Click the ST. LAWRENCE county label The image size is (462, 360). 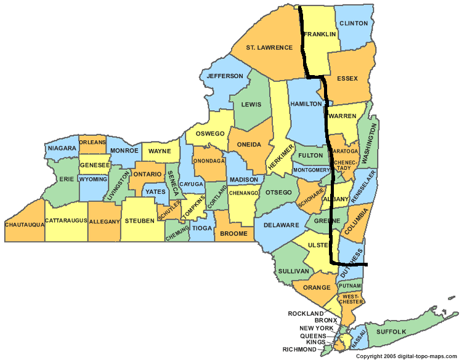pyautogui.click(x=269, y=47)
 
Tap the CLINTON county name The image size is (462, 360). pyautogui.click(x=353, y=23)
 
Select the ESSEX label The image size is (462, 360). pyautogui.click(x=347, y=79)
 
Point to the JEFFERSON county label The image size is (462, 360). pyautogui.click(x=225, y=76)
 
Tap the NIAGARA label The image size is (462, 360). pyautogui.click(x=61, y=148)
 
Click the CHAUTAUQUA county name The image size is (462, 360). pyautogui.click(x=24, y=225)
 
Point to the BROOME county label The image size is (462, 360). pyautogui.click(x=233, y=234)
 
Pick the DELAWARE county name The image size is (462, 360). pyautogui.click(x=281, y=225)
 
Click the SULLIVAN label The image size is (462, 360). pyautogui.click(x=293, y=271)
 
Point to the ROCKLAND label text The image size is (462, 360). pyautogui.click(x=306, y=313)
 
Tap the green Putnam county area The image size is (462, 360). pyautogui.click(x=349, y=286)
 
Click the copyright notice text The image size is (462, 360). pyautogui.click(x=407, y=356)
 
